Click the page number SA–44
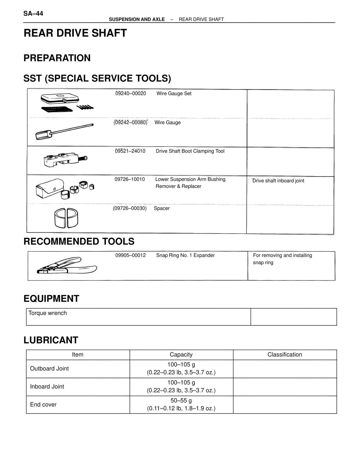pyautogui.click(x=33, y=14)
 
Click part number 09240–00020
pyautogui.click(x=130, y=93)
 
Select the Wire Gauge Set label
pyautogui.click(x=174, y=93)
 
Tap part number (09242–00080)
pyautogui.click(x=130, y=122)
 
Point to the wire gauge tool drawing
pyautogui.click(x=64, y=132)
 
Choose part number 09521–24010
pyautogui.click(x=130, y=151)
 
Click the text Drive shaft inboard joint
pyautogui.click(x=278, y=181)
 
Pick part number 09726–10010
pyautogui.click(x=130, y=179)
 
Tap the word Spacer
pyautogui.click(x=162, y=208)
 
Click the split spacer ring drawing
pyautogui.click(x=66, y=218)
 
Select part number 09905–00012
pyautogui.click(x=130, y=255)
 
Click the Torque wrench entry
pyautogui.click(x=48, y=313)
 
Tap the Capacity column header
pyautogui.click(x=181, y=355)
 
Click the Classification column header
pyautogui.click(x=285, y=355)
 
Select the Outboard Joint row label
pyautogui.click(x=49, y=368)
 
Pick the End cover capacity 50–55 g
pyautogui.click(x=181, y=400)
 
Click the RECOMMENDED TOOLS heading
pyautogui.click(x=79, y=241)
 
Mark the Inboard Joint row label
pyautogui.click(x=47, y=386)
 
